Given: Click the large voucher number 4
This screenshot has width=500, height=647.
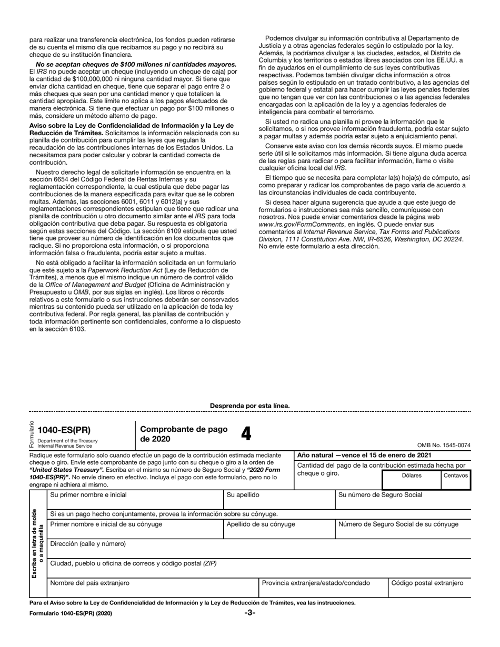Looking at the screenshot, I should point(246,434).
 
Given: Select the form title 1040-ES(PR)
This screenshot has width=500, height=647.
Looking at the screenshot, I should point(71,430).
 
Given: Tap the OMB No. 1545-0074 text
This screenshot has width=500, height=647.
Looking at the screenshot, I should point(444,445).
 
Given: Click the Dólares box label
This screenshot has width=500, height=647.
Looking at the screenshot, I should point(412,475).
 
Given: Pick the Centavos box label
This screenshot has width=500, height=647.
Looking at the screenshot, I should point(455,475).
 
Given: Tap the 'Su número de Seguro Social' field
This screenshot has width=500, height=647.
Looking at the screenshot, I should point(403,500).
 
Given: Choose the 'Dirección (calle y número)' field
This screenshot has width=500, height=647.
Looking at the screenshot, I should point(258,549).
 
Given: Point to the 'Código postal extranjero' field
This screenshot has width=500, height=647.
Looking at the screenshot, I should point(428,588).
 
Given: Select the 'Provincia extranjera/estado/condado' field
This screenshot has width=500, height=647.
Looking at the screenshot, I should point(322,588).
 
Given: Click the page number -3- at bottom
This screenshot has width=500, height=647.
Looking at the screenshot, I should point(249,613).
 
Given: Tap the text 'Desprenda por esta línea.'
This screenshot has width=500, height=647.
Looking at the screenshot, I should point(249,406).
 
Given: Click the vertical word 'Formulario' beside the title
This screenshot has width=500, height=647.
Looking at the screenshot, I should point(32,434).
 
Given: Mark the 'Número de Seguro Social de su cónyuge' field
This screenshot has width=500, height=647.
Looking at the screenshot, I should point(403,530).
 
